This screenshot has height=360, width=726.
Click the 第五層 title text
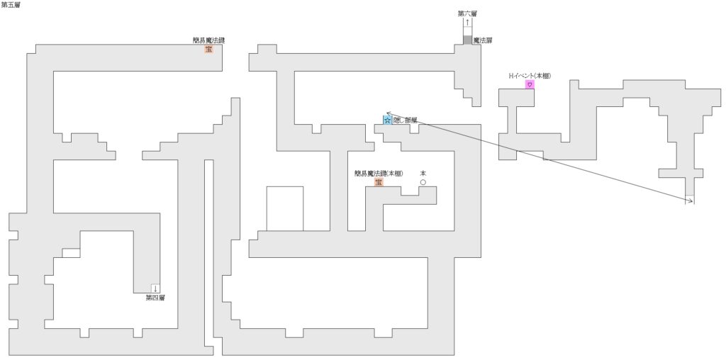tap(11, 5)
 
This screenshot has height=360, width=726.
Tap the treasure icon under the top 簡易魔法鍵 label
tap(209, 49)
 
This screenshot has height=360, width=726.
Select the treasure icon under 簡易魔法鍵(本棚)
tap(379, 182)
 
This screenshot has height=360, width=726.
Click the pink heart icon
tap(529, 84)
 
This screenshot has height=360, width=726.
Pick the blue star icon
tap(387, 120)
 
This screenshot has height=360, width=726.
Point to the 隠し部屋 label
tap(405, 120)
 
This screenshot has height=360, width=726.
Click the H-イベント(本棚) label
tap(530, 75)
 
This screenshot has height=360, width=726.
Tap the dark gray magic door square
tap(467, 40)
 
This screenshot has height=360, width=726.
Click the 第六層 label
tap(467, 13)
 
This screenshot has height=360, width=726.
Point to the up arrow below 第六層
tap(467, 23)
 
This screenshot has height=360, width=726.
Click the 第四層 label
tap(155, 298)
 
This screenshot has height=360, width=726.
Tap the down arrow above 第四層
tap(155, 288)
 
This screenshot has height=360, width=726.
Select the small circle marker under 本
tap(423, 182)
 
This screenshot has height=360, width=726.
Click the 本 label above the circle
tap(423, 173)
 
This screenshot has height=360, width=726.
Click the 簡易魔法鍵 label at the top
tap(209, 40)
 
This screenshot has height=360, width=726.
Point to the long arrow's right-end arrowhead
tap(691, 203)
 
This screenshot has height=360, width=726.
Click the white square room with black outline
tap(285, 208)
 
